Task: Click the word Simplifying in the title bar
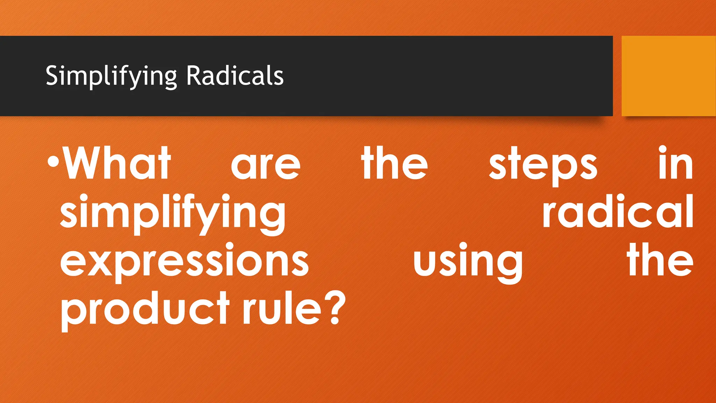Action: (x=111, y=76)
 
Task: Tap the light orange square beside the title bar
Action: (x=668, y=76)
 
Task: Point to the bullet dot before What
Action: (x=53, y=162)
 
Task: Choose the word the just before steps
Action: (x=395, y=163)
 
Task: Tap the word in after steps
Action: (x=675, y=163)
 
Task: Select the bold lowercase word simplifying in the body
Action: (x=173, y=213)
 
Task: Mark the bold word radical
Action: (x=618, y=211)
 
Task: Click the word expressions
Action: (x=184, y=262)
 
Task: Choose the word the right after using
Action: (x=660, y=259)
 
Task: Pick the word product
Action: (x=145, y=309)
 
